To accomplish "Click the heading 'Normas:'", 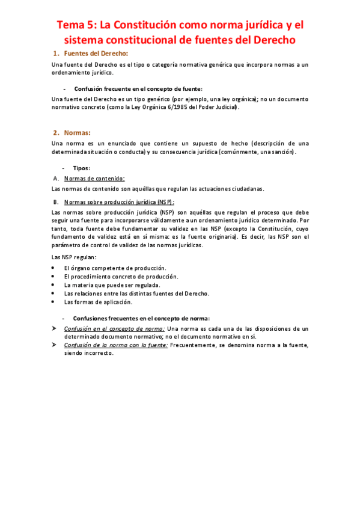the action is pos(77,132).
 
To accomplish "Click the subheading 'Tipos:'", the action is pos(81,168).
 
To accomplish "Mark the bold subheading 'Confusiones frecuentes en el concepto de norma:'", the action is pos(141,318).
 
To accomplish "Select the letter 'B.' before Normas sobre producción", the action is pos(56,202).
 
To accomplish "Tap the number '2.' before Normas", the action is pos(56,132).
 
